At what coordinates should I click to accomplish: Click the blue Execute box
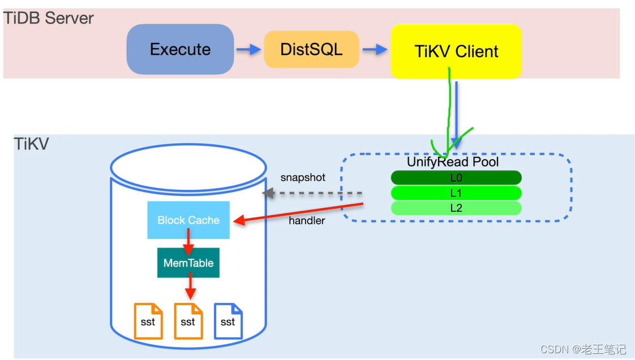[x=180, y=50]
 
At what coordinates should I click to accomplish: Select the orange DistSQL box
[x=311, y=50]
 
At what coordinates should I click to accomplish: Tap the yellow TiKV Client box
[x=456, y=52]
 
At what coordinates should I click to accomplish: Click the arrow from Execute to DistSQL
[x=248, y=50]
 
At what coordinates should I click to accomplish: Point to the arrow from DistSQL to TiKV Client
[x=375, y=50]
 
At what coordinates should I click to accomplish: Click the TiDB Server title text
[x=49, y=18]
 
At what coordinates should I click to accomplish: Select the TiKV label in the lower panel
[x=32, y=144]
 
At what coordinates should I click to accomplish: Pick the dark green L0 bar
[x=456, y=178]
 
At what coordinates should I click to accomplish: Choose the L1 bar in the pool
[x=456, y=194]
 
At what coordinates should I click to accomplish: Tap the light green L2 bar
[x=456, y=208]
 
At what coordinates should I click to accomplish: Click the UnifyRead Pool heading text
[x=453, y=162]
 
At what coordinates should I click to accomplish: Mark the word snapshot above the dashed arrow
[x=303, y=178]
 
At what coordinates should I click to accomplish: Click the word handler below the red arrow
[x=307, y=221]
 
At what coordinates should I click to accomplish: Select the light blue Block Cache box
[x=188, y=220]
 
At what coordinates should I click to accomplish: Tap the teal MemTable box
[x=188, y=263]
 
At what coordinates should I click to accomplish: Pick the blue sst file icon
[x=228, y=321]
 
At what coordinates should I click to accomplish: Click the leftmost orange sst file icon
[x=148, y=321]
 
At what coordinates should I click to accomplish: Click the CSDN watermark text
[x=583, y=349]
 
